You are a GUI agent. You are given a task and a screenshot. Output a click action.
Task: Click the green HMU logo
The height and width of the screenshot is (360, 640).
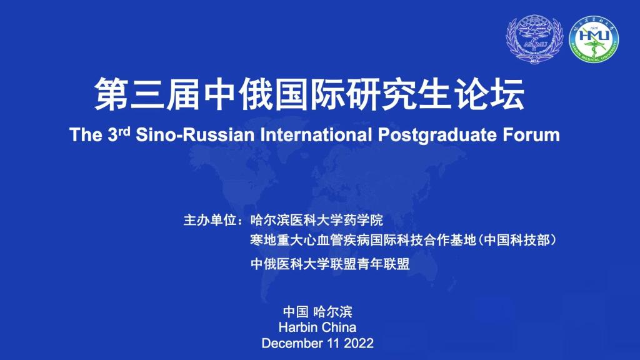pyautogui.click(x=594, y=39)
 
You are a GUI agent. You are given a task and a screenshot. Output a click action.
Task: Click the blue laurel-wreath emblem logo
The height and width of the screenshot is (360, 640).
pyautogui.click(x=535, y=39)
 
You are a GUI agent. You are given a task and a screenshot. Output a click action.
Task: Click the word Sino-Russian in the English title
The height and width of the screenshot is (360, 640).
pyautogui.click(x=195, y=135)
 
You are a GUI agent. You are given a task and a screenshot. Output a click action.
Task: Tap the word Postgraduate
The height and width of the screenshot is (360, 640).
pyautogui.click(x=437, y=135)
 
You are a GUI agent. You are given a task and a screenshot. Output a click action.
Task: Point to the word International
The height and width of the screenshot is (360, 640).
pyautogui.click(x=316, y=135)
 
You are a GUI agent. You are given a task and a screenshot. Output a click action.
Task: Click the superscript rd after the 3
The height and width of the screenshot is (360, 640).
pyautogui.click(x=124, y=131)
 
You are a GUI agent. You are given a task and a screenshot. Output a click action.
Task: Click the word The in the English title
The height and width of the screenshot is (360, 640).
pyautogui.click(x=86, y=135)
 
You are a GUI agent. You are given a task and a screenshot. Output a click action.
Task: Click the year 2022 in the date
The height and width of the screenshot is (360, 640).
pyautogui.click(x=359, y=343)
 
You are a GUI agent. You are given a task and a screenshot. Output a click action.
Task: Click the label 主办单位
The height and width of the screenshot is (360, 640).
pyautogui.click(x=210, y=221)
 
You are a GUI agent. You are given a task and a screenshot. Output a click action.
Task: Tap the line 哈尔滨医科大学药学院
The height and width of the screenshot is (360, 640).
pyautogui.click(x=317, y=221)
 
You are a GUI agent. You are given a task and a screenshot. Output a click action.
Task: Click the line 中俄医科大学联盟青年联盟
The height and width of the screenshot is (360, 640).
pyautogui.click(x=330, y=264)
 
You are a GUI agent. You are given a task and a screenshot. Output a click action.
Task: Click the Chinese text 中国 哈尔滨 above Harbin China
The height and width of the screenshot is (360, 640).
pyautogui.click(x=317, y=312)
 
